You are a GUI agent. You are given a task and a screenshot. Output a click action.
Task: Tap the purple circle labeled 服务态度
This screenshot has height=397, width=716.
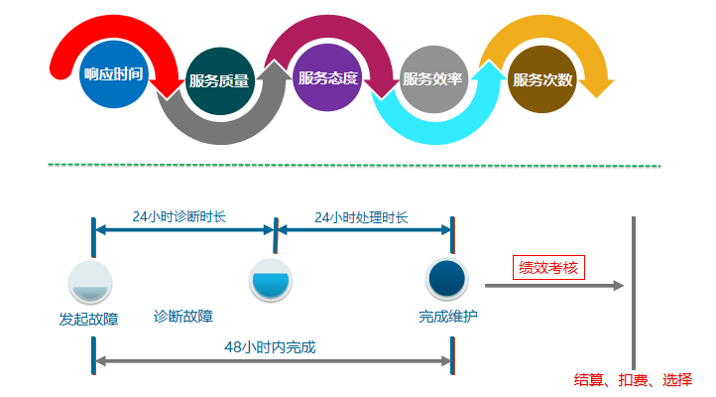(327, 77)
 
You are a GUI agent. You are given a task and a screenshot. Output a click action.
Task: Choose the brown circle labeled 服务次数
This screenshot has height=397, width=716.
(541, 80)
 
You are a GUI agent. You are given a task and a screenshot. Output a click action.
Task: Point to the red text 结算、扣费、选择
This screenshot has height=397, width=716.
(633, 380)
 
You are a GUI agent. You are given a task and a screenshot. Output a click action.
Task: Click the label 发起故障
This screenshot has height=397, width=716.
(89, 319)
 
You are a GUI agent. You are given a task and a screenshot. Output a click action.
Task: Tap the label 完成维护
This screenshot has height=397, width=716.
(447, 317)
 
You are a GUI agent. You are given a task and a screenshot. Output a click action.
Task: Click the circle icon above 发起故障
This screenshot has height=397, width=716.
(90, 282)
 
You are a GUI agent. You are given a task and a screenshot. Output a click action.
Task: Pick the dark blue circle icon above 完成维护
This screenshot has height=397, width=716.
(447, 279)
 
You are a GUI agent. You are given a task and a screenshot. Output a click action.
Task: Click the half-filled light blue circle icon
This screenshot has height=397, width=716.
(270, 280)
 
